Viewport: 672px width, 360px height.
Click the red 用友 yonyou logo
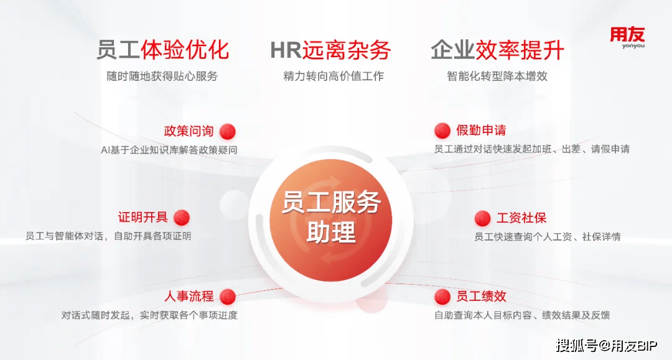click(x=627, y=38)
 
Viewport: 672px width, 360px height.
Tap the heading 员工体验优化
click(x=163, y=50)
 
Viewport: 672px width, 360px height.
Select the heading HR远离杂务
click(x=330, y=50)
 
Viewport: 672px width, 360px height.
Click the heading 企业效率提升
click(x=497, y=50)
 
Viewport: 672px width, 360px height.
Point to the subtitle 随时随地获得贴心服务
click(x=162, y=76)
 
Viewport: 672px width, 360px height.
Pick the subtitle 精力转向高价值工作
click(x=334, y=76)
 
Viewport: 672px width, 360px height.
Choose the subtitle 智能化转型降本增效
click(x=497, y=76)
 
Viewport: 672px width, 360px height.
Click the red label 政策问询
click(x=189, y=131)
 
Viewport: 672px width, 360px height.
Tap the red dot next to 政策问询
click(x=228, y=131)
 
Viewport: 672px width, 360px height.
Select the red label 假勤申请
click(x=481, y=130)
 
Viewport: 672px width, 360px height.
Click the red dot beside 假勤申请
click(x=442, y=131)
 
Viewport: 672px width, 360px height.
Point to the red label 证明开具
click(x=142, y=217)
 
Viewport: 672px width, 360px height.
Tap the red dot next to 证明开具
click(x=182, y=218)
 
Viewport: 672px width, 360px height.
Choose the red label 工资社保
click(x=521, y=218)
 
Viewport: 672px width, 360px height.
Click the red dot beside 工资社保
click(x=483, y=218)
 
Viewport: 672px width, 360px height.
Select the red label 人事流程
click(x=189, y=296)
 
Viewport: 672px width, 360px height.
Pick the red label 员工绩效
click(x=481, y=296)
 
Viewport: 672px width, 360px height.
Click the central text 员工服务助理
click(x=331, y=216)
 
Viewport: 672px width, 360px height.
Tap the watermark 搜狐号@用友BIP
click(x=607, y=346)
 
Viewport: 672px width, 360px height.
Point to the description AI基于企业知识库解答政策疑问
click(x=169, y=150)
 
